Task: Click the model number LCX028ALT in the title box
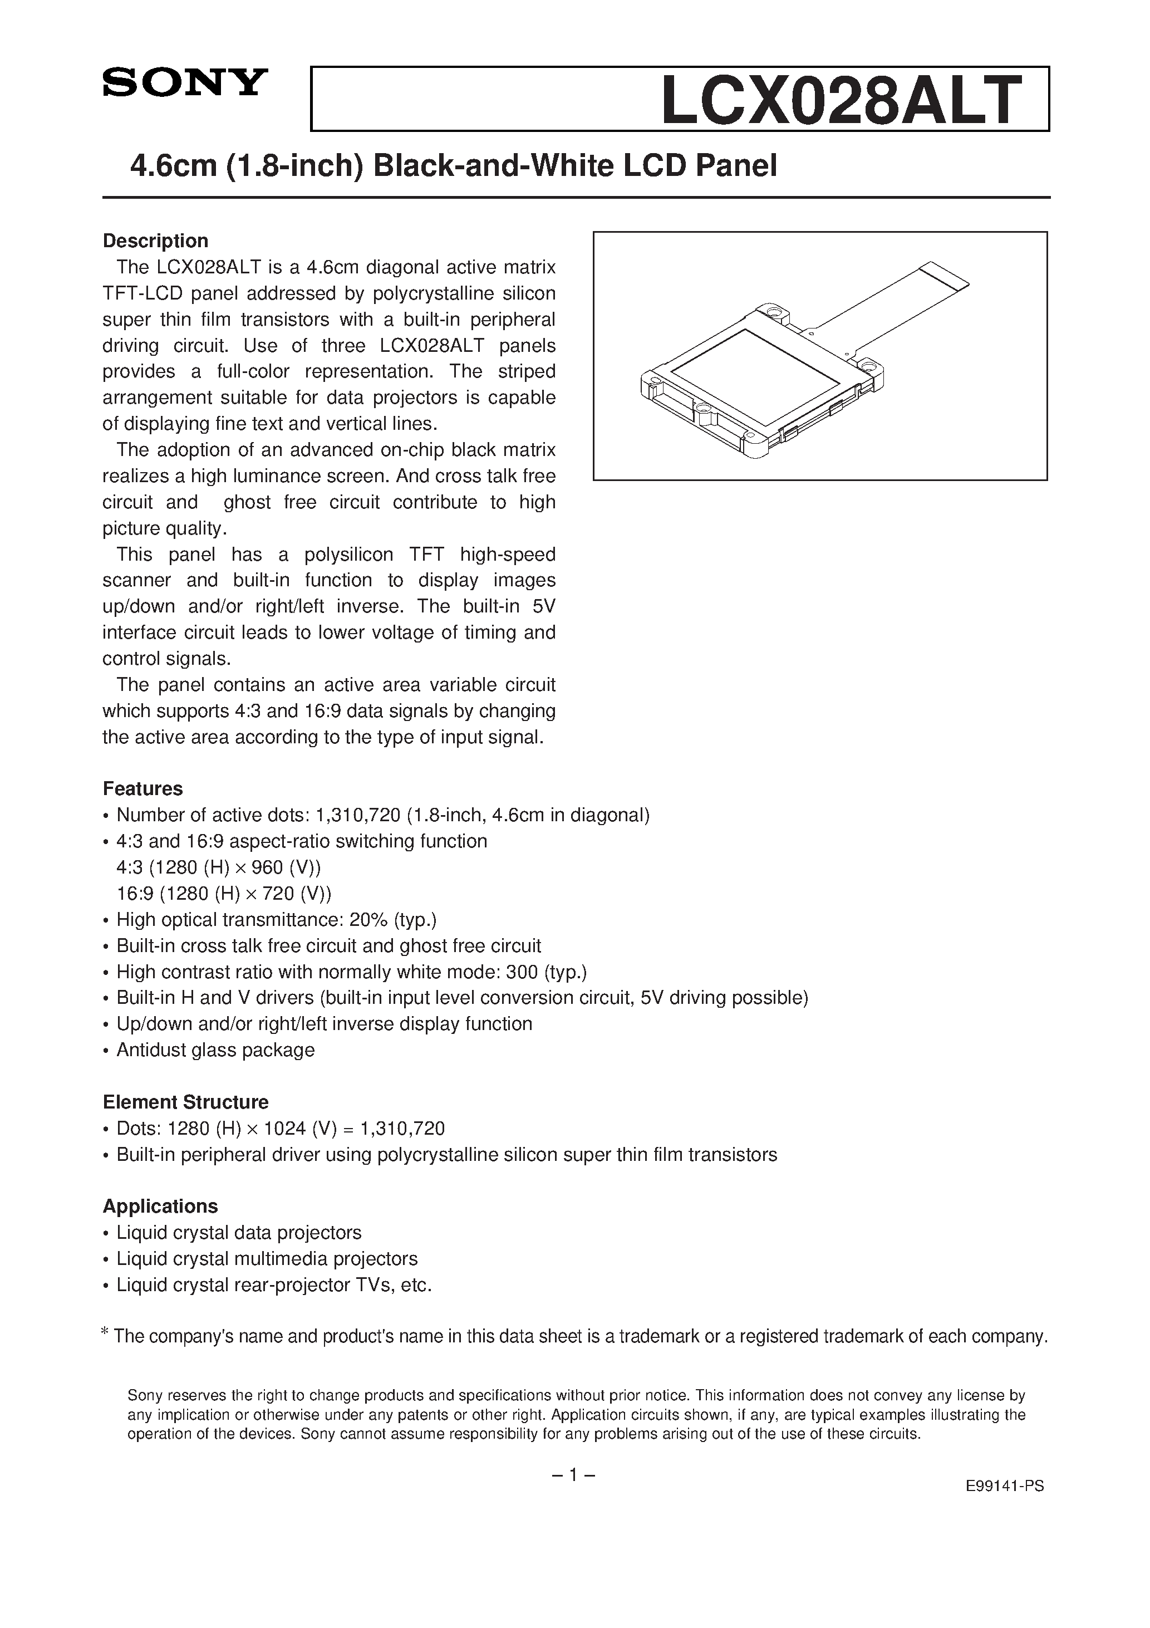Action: (x=842, y=101)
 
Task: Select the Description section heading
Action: (x=155, y=241)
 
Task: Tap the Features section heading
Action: (x=142, y=788)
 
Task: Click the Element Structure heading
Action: (x=186, y=1102)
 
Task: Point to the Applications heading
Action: (x=160, y=1206)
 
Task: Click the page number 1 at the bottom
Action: (x=573, y=1475)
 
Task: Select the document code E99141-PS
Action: (x=1005, y=1506)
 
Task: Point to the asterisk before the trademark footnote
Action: (x=105, y=1333)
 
